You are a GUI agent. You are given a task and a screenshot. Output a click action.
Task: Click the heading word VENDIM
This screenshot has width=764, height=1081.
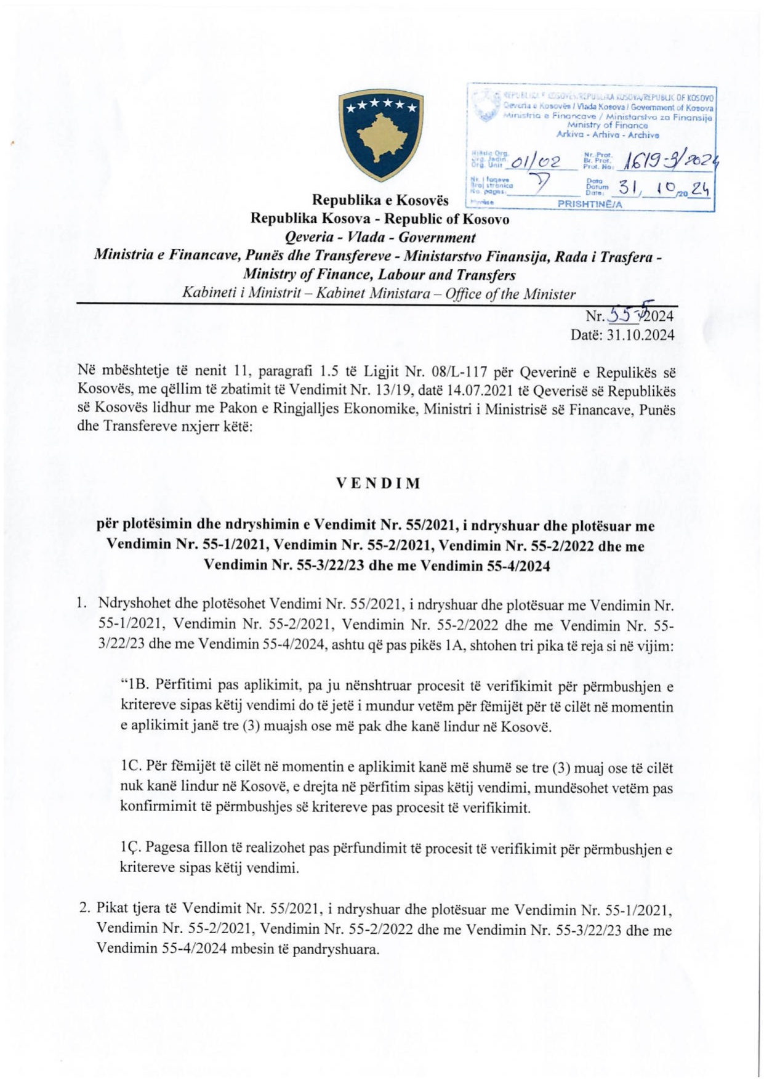379,483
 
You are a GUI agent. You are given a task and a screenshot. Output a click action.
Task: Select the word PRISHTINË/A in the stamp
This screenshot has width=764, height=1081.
590,204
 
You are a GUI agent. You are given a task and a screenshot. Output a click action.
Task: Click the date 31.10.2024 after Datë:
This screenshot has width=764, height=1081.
640,334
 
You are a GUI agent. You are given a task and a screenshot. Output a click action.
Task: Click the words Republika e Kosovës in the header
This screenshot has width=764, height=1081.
380,200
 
